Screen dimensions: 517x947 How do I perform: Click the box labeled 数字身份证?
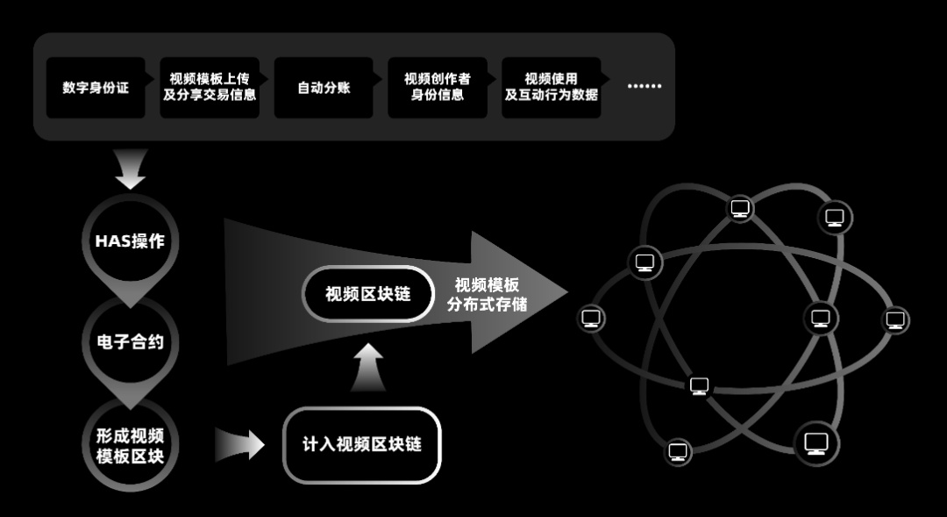[96, 88]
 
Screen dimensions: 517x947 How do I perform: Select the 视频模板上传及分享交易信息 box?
[210, 88]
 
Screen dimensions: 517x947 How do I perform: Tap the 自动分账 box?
[324, 88]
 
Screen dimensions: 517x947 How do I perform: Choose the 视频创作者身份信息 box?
[438, 88]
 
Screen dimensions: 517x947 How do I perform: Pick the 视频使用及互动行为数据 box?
[552, 88]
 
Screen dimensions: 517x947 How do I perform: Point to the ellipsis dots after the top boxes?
[644, 87]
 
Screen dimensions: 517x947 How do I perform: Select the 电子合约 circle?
[130, 341]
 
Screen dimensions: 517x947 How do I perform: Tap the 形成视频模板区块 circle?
[130, 444]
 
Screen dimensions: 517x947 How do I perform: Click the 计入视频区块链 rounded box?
[361, 444]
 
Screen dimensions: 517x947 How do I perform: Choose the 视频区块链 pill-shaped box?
[368, 294]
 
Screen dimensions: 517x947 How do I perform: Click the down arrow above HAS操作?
[131, 169]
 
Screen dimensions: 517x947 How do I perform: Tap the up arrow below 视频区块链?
[368, 367]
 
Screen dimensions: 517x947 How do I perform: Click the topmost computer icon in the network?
[741, 208]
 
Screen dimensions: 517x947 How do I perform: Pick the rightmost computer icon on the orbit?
[895, 319]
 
